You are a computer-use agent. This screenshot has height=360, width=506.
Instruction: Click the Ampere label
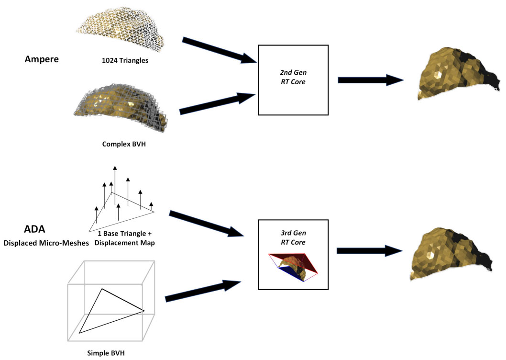[42, 59]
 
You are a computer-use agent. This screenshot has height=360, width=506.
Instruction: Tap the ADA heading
[34, 229]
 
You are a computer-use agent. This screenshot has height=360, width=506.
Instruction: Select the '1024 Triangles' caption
[125, 60]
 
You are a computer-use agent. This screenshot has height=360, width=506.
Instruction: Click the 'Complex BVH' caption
[124, 144]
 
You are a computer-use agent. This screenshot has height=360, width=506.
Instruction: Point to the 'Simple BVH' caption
[106, 353]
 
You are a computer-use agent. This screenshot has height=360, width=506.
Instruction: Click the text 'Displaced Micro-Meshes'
[46, 243]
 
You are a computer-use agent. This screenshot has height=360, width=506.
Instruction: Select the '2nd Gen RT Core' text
[293, 77]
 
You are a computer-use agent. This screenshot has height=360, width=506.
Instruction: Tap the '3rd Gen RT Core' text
[293, 237]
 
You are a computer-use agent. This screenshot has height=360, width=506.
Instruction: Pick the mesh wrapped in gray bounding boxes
[121, 108]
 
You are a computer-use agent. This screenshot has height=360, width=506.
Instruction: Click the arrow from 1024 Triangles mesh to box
[219, 50]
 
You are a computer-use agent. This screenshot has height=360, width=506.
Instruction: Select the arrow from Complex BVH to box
[218, 103]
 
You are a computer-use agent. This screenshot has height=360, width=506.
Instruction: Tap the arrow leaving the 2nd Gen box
[371, 80]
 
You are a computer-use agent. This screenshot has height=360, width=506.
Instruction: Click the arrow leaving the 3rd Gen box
[370, 251]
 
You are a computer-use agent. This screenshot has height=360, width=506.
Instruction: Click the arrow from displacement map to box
[206, 223]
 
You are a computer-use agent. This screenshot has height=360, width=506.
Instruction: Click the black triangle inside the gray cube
[111, 311]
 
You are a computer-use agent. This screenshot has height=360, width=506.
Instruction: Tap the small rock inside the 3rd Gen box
[293, 268]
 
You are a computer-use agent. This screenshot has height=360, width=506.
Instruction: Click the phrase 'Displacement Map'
[124, 243]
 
